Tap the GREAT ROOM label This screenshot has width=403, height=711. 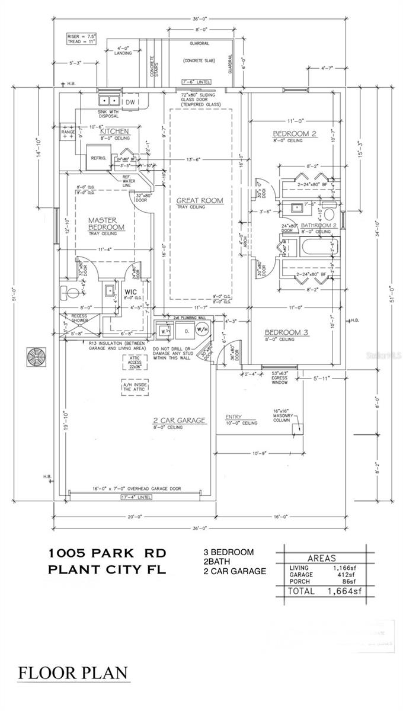(200, 201)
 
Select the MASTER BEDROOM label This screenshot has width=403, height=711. (107, 223)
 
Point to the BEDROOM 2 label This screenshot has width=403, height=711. (295, 134)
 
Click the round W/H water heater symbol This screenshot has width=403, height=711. (202, 330)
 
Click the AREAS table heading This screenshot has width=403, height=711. (321, 558)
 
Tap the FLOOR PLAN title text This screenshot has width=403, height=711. (73, 673)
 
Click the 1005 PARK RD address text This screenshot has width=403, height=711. (107, 553)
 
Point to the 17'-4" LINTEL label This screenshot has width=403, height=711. (136, 497)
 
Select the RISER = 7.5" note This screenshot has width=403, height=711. (81, 36)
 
